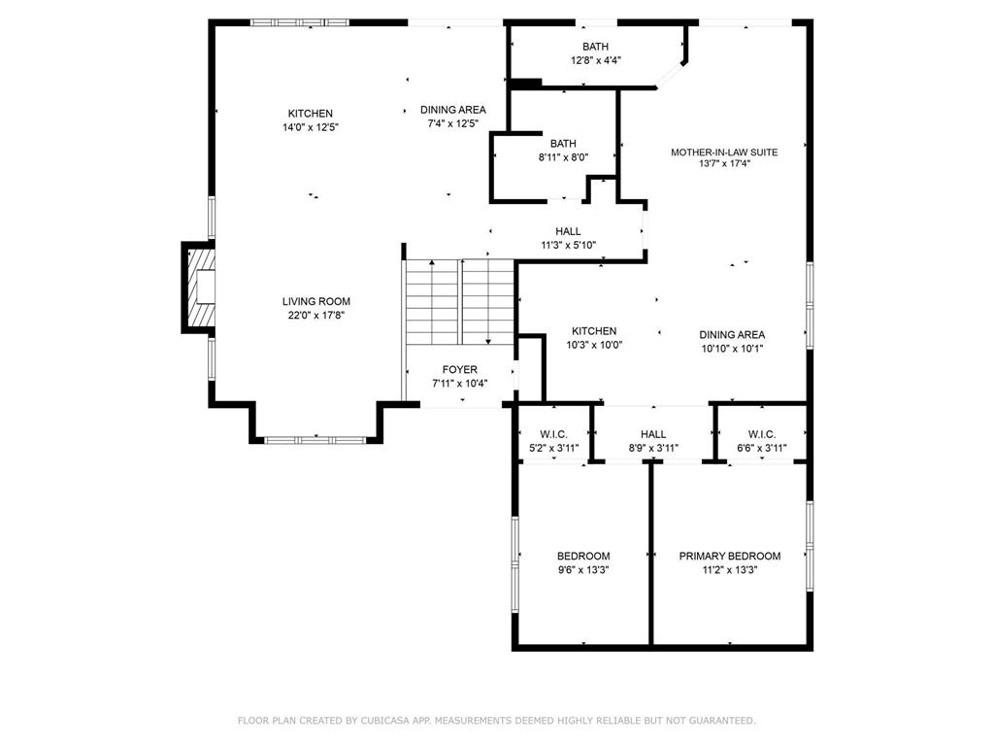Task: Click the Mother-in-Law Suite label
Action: coord(724,152)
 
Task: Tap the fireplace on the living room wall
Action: coord(199,288)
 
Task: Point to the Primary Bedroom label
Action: coord(729,556)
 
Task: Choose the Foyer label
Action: coord(459,369)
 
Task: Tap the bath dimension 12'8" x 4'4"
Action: coord(595,60)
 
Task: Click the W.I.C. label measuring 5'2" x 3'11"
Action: coord(552,434)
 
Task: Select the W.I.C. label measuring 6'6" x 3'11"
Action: coord(761,434)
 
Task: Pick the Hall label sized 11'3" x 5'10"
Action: coord(568,231)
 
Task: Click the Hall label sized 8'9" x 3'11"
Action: coord(653,434)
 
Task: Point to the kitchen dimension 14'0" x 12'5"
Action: coord(310,127)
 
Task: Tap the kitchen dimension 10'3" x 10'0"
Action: coord(594,345)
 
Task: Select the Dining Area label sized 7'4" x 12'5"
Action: coord(452,110)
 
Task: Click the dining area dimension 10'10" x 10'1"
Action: coord(732,349)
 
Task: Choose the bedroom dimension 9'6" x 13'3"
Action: coord(583,570)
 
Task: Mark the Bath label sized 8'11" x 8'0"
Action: coord(563,144)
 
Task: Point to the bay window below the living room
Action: coord(315,440)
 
